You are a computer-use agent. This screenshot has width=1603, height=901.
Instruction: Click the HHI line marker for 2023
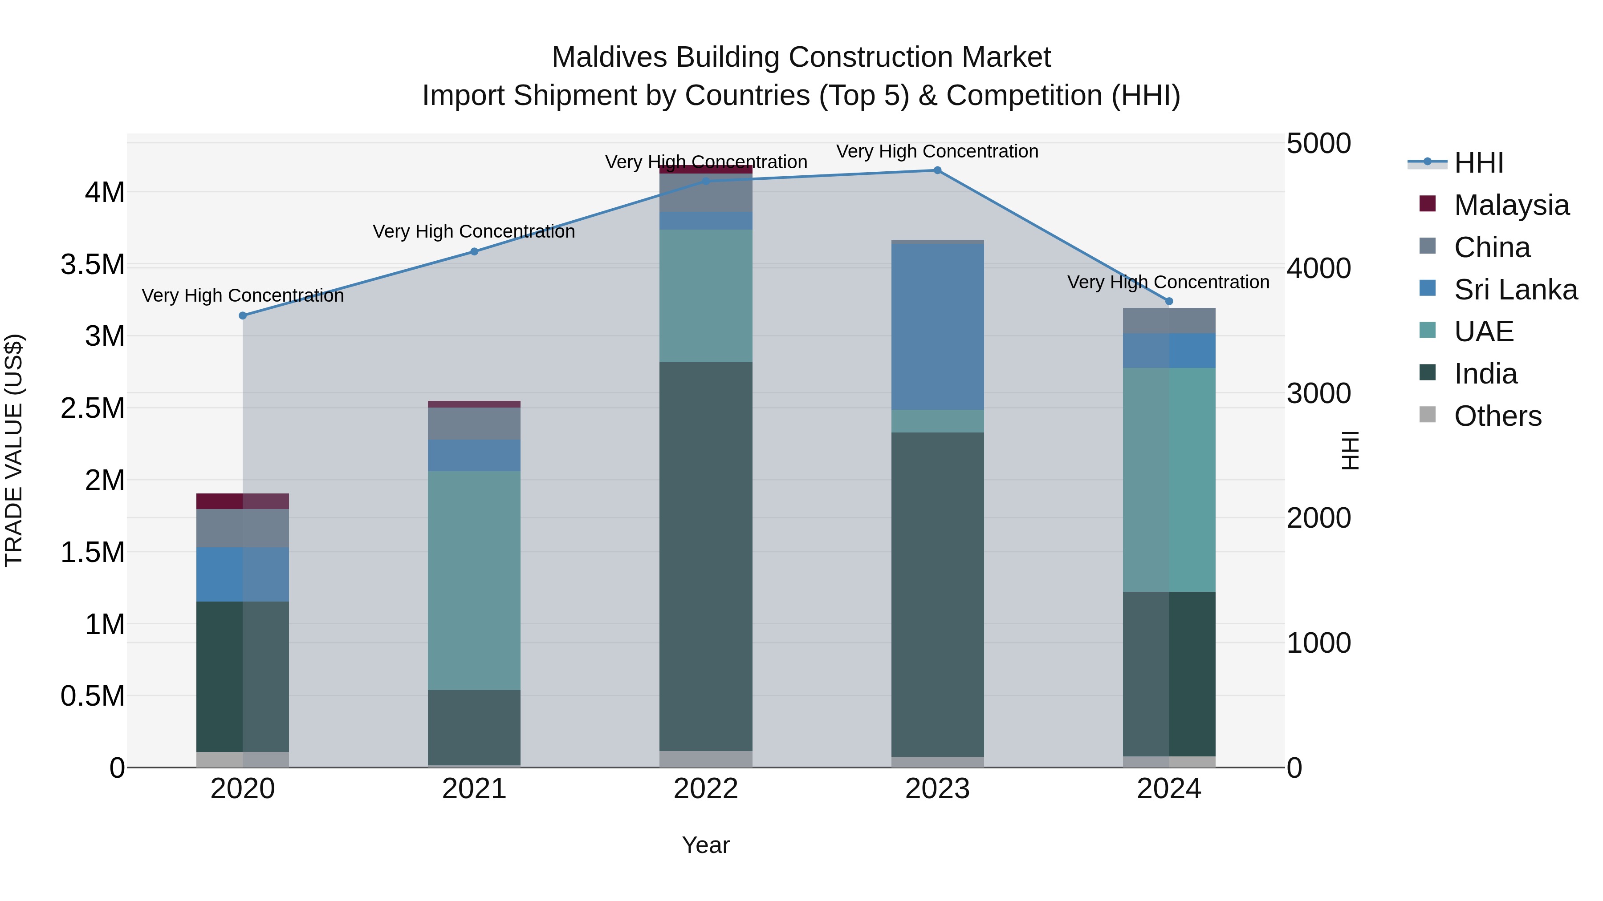pos(937,170)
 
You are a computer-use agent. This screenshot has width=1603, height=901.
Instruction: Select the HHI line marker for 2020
pos(243,316)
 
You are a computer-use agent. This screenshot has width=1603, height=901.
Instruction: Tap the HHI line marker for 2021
pos(474,252)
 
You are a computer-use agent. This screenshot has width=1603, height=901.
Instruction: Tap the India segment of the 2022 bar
pos(706,557)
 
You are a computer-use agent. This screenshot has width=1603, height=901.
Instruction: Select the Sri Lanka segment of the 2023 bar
pos(937,327)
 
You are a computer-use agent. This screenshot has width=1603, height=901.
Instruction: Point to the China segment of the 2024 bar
pos(1169,321)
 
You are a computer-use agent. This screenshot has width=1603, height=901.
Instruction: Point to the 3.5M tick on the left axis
pos(93,265)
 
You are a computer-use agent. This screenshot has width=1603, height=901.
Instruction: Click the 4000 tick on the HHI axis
pos(1318,269)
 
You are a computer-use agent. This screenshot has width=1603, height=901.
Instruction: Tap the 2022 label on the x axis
pos(706,789)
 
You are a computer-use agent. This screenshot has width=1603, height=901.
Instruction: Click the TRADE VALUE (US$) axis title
pos(14,450)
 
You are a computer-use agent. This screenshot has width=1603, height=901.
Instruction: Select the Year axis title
pos(706,845)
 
